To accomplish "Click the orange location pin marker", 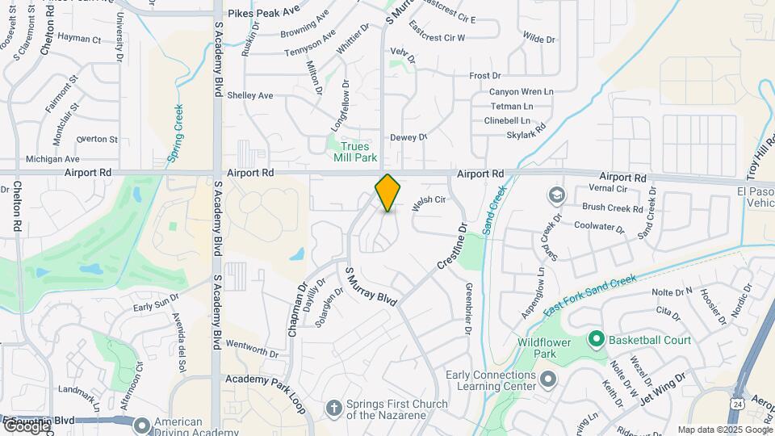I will coord(387,193).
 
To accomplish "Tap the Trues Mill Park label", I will coord(354,152).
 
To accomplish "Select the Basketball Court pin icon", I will coord(597,339).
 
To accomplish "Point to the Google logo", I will coord(26,426).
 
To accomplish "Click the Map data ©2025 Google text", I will coord(724,430).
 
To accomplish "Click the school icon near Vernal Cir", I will coord(556,195).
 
